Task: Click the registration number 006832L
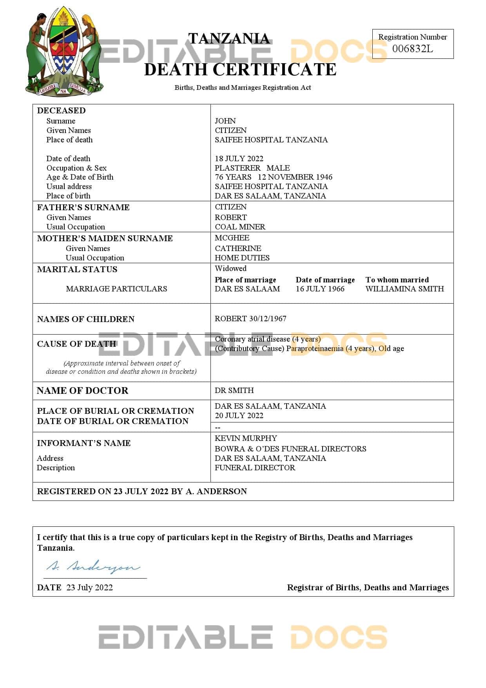point(412,49)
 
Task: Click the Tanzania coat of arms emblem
point(64,51)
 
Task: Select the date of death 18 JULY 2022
point(239,158)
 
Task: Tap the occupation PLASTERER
point(238,168)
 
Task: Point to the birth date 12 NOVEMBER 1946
point(295,177)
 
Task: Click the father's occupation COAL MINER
point(240,227)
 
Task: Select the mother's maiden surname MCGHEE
point(232,238)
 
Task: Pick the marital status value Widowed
point(230,268)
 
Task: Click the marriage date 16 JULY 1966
point(320,289)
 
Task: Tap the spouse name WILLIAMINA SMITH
point(404,289)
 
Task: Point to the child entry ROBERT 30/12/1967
point(250,319)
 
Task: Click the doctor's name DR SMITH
point(234,390)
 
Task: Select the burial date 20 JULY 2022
point(239,415)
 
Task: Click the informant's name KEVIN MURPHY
point(246,438)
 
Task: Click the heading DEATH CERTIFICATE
point(240,69)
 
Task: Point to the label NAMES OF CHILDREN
point(85,319)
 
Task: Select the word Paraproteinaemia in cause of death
point(315,348)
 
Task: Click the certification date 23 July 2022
point(89,587)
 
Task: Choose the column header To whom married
point(397,280)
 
